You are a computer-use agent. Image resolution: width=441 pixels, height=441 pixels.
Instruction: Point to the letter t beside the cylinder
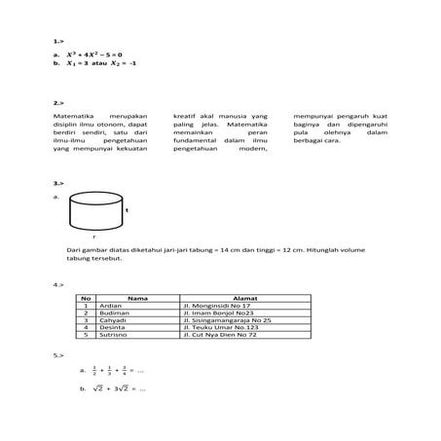(127, 209)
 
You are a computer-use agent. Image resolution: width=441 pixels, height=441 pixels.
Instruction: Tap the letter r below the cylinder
(93, 236)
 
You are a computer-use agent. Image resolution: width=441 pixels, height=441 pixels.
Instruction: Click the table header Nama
(135, 298)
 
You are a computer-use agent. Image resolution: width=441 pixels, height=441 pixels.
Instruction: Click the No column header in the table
(86, 298)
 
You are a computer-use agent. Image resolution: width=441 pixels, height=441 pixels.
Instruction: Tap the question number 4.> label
(58, 285)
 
